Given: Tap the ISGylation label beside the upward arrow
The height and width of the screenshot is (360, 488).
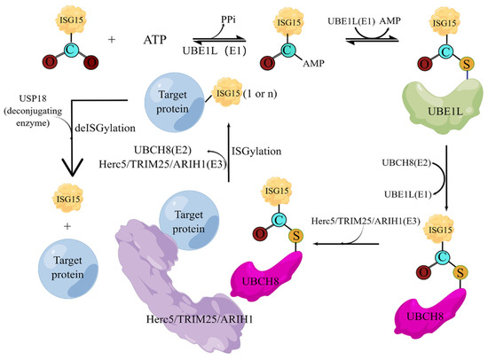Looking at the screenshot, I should click(256, 151).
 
